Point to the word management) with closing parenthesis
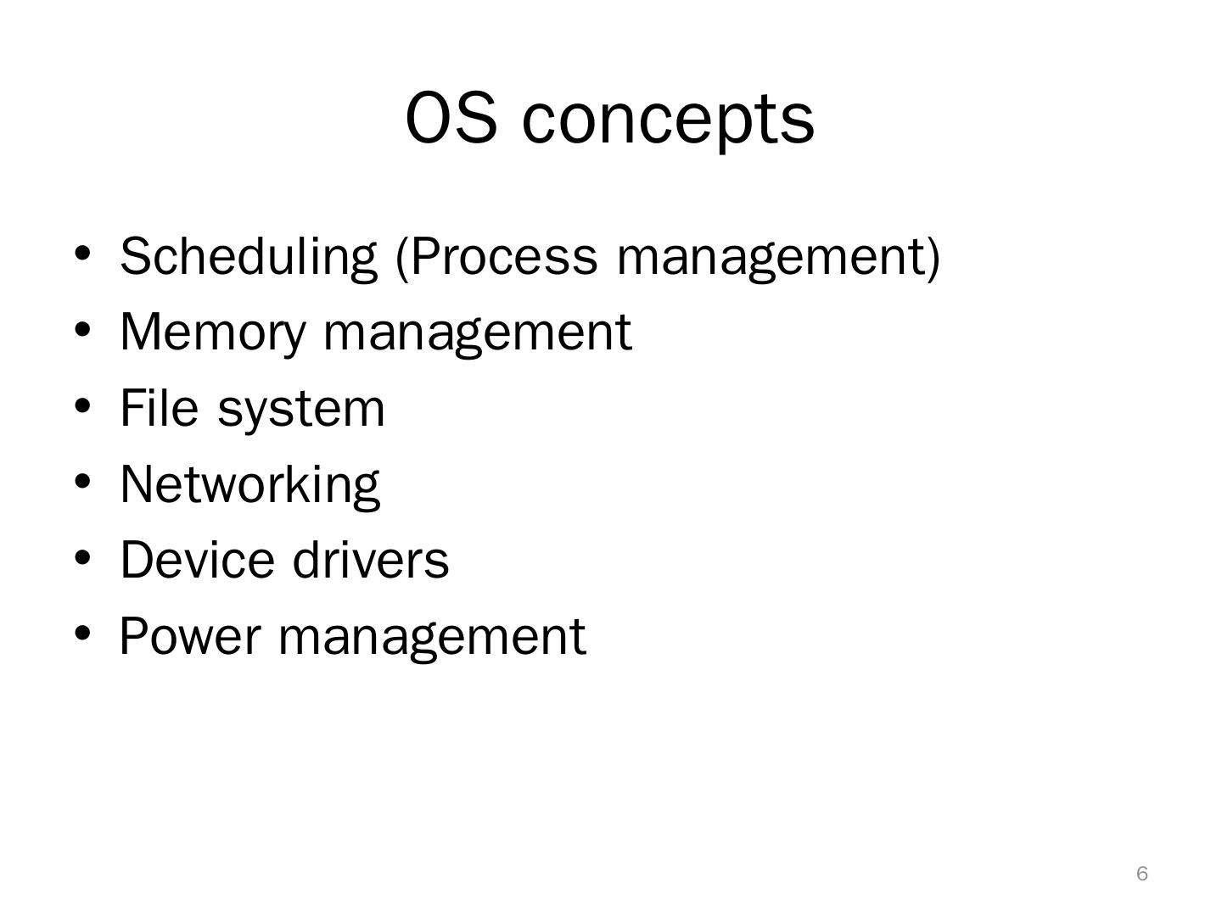pyautogui.click(x=779, y=257)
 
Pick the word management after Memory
pyautogui.click(x=478, y=332)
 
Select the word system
pyautogui.click(x=301, y=410)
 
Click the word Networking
pyautogui.click(x=249, y=484)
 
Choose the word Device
pyautogui.click(x=197, y=560)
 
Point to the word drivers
pyautogui.click(x=370, y=560)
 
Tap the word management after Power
pyautogui.click(x=432, y=637)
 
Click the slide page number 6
pyautogui.click(x=1142, y=874)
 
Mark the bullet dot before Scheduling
pyautogui.click(x=82, y=254)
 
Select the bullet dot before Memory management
pyautogui.click(x=82, y=330)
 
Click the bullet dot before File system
pyautogui.click(x=82, y=406)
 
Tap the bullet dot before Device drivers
pyautogui.click(x=82, y=558)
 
